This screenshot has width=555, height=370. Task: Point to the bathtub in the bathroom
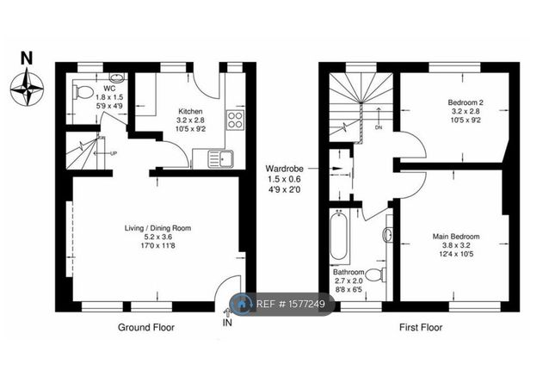click(x=338, y=237)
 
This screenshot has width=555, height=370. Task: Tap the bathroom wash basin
click(x=389, y=234)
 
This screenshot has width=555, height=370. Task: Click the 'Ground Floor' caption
click(x=147, y=328)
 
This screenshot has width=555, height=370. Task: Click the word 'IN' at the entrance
click(x=226, y=324)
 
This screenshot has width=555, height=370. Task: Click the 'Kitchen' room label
click(x=190, y=112)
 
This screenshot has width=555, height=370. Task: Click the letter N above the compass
click(x=26, y=59)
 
